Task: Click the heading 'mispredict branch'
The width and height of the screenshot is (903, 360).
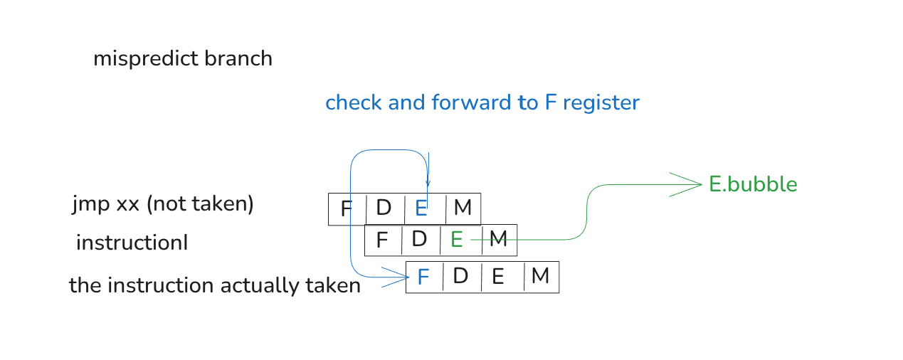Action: coord(183,58)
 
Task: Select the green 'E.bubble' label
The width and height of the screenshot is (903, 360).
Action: coord(753,185)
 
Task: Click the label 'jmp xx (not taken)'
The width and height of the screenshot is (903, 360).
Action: coord(163,205)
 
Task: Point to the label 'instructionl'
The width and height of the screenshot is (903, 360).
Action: coord(132,243)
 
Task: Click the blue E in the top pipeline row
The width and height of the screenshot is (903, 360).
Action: coord(421,208)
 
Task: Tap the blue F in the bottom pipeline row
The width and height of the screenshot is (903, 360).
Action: coord(423,277)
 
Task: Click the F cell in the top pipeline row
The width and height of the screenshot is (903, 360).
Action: coord(347,209)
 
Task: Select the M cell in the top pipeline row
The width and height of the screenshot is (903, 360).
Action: coord(463,208)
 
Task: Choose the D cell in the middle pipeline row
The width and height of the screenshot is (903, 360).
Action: coord(419,240)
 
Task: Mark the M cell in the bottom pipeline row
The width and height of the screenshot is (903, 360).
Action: coord(540,276)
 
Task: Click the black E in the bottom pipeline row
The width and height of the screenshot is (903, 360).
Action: coord(498,277)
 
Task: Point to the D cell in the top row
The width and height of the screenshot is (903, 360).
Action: coord(384,208)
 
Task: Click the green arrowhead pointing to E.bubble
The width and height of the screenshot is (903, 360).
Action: coord(690,185)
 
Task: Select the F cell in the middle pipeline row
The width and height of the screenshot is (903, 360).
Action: coord(382,240)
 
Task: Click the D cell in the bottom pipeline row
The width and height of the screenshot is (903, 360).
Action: coord(460,276)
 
